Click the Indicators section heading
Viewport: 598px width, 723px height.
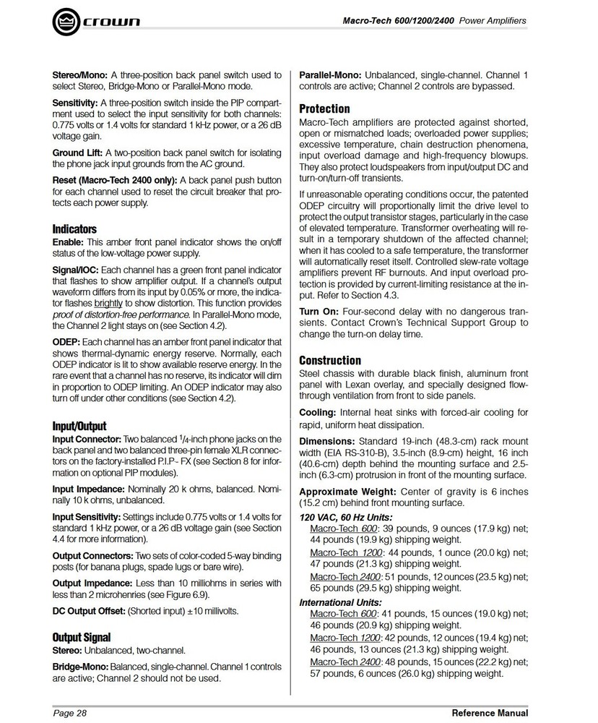pos(74,229)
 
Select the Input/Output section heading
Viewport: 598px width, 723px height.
pos(79,426)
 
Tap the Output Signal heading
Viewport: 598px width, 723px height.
pos(82,637)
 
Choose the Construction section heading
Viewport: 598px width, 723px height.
pos(329,360)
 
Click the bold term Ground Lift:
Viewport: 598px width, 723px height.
pos(77,153)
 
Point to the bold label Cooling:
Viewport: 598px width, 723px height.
pos(318,412)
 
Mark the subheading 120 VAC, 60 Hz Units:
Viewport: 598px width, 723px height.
pos(346,517)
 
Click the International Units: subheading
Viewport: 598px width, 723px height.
pos(341,602)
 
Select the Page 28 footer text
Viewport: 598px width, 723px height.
pos(69,713)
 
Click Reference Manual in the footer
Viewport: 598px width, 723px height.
pos(489,713)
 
